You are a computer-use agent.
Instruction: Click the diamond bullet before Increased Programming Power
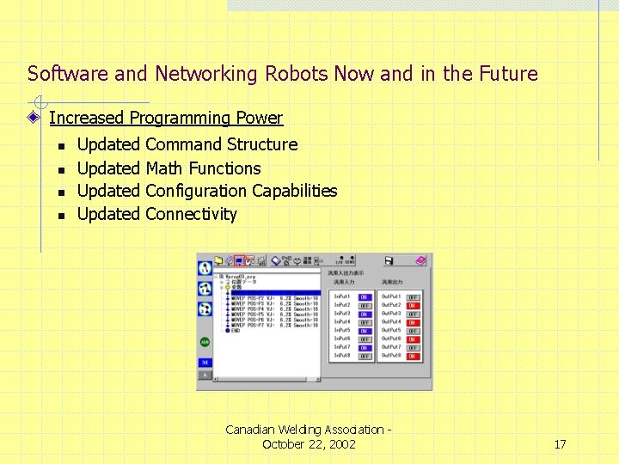[x=35, y=118]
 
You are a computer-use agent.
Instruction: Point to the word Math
[x=164, y=168]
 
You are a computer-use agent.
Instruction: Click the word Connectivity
[x=191, y=214]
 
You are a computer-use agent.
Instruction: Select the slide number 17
[x=560, y=444]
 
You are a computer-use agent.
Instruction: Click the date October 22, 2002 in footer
[x=309, y=444]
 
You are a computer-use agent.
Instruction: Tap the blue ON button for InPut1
[x=365, y=297]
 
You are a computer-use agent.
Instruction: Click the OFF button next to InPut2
[x=365, y=306]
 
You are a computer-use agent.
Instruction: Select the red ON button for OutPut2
[x=413, y=306]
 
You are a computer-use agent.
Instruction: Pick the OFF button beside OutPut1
[x=413, y=297]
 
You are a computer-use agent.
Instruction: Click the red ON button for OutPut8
[x=413, y=356]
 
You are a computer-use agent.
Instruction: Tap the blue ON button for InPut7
[x=365, y=347]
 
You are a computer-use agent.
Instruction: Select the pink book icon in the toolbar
[x=420, y=260]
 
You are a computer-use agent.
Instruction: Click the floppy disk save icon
[x=389, y=260]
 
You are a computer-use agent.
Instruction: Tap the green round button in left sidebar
[x=205, y=342]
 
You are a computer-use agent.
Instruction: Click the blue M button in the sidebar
[x=205, y=363]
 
